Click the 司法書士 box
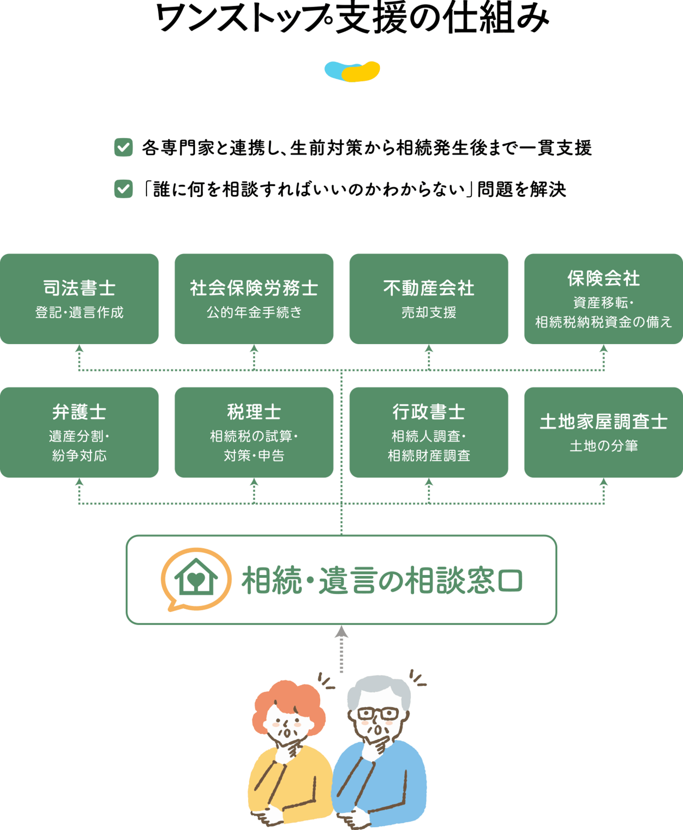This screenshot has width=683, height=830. coord(79,299)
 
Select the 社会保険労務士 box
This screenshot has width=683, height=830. coord(254,299)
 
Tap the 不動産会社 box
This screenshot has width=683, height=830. coord(429,299)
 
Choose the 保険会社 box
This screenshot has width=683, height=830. coord(603,299)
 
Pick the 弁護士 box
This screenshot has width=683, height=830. coord(79,432)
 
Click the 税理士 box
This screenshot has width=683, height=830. coord(254,432)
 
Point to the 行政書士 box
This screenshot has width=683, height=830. coord(429,432)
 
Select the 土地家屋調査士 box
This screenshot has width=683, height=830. coord(603,432)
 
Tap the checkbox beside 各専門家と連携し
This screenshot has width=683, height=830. coord(123,147)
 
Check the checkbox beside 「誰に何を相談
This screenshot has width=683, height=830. coord(123,189)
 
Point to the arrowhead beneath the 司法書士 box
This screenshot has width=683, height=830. coord(79,349)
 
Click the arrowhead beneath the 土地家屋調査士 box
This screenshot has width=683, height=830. coord(603,482)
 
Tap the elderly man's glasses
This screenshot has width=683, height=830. coord(378,713)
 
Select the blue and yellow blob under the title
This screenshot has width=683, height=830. coord(352,72)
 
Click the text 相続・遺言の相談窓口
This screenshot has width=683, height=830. coord(382,580)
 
